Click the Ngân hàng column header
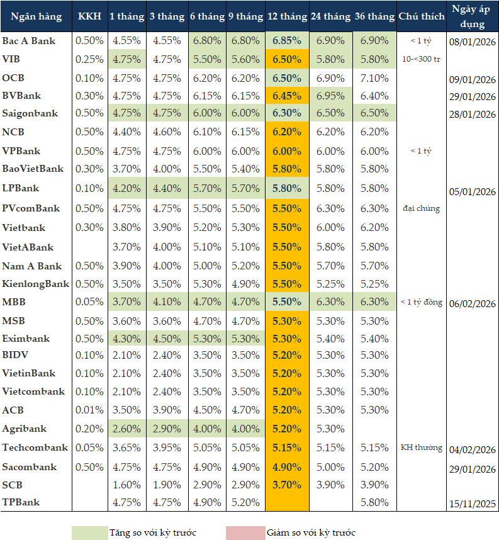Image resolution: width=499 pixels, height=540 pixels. pos(36,17)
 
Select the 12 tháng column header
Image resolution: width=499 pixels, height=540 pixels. pos(287,17)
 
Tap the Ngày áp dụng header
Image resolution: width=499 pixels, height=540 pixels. pos(473,17)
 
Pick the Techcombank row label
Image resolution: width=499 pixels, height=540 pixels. pos(35,448)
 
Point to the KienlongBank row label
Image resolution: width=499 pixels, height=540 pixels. pos(36,284)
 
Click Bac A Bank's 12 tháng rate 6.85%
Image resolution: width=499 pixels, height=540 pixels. pos(287,41)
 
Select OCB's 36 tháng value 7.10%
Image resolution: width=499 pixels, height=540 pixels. pos(375,78)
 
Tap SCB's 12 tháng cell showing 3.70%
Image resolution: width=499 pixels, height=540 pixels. pos(287,485)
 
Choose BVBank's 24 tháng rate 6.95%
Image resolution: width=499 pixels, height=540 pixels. pos(331,96)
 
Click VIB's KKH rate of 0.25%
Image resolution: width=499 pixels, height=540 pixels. pos(89,59)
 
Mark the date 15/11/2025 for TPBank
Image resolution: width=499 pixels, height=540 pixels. pos(473,504)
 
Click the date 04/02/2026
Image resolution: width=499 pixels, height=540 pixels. pos(473,449)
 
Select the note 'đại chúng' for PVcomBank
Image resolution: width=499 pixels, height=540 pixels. pos(422,208)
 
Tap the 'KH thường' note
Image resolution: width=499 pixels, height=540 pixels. pos(422,448)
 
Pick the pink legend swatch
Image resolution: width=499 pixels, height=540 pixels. pos(245,532)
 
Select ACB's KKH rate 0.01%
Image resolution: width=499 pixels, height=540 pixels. pos(89,410)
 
